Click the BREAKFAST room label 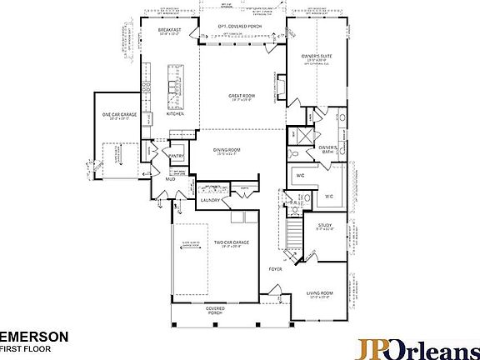tap(170, 30)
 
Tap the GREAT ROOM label tap(241, 96)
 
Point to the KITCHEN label tap(175, 114)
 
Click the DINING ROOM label tap(227, 150)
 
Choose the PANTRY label tap(176, 155)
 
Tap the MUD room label tap(169, 178)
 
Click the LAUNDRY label tap(210, 200)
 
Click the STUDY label tap(325, 225)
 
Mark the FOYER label tap(275, 270)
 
